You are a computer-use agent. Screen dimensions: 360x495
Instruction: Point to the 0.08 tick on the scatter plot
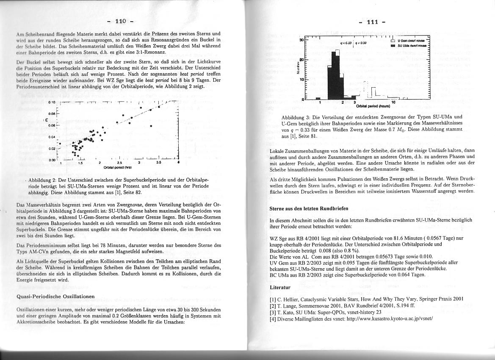tap(52, 114)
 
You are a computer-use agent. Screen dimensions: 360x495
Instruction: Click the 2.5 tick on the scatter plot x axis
tap(120, 162)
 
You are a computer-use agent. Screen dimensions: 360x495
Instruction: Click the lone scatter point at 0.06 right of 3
tap(151, 126)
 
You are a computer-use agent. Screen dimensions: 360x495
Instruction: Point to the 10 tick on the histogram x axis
tap(393, 102)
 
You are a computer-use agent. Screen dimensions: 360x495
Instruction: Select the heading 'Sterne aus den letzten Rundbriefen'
tap(309, 208)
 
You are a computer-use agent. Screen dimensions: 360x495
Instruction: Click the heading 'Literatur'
tap(280, 287)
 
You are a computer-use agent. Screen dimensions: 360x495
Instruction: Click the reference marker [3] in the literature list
tap(273, 312)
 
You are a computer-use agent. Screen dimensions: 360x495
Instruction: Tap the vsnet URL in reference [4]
tap(390, 318)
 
